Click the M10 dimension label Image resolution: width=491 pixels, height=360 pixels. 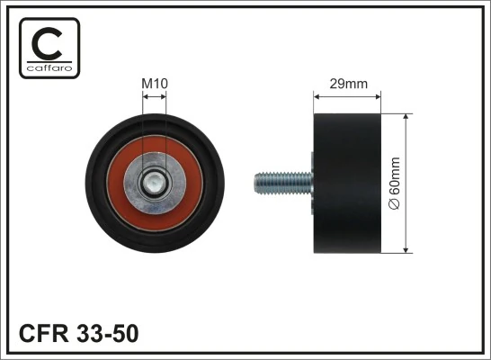coord(155,85)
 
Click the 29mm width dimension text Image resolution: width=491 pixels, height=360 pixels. coord(349,85)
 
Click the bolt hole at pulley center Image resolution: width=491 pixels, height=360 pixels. coord(155,185)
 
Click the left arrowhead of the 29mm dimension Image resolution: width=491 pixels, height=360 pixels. coord(316,94)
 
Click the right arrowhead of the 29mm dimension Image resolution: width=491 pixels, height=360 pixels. coord(380,94)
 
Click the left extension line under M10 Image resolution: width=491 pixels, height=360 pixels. coord(143,126)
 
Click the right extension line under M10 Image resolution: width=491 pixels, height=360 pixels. coord(166,126)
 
